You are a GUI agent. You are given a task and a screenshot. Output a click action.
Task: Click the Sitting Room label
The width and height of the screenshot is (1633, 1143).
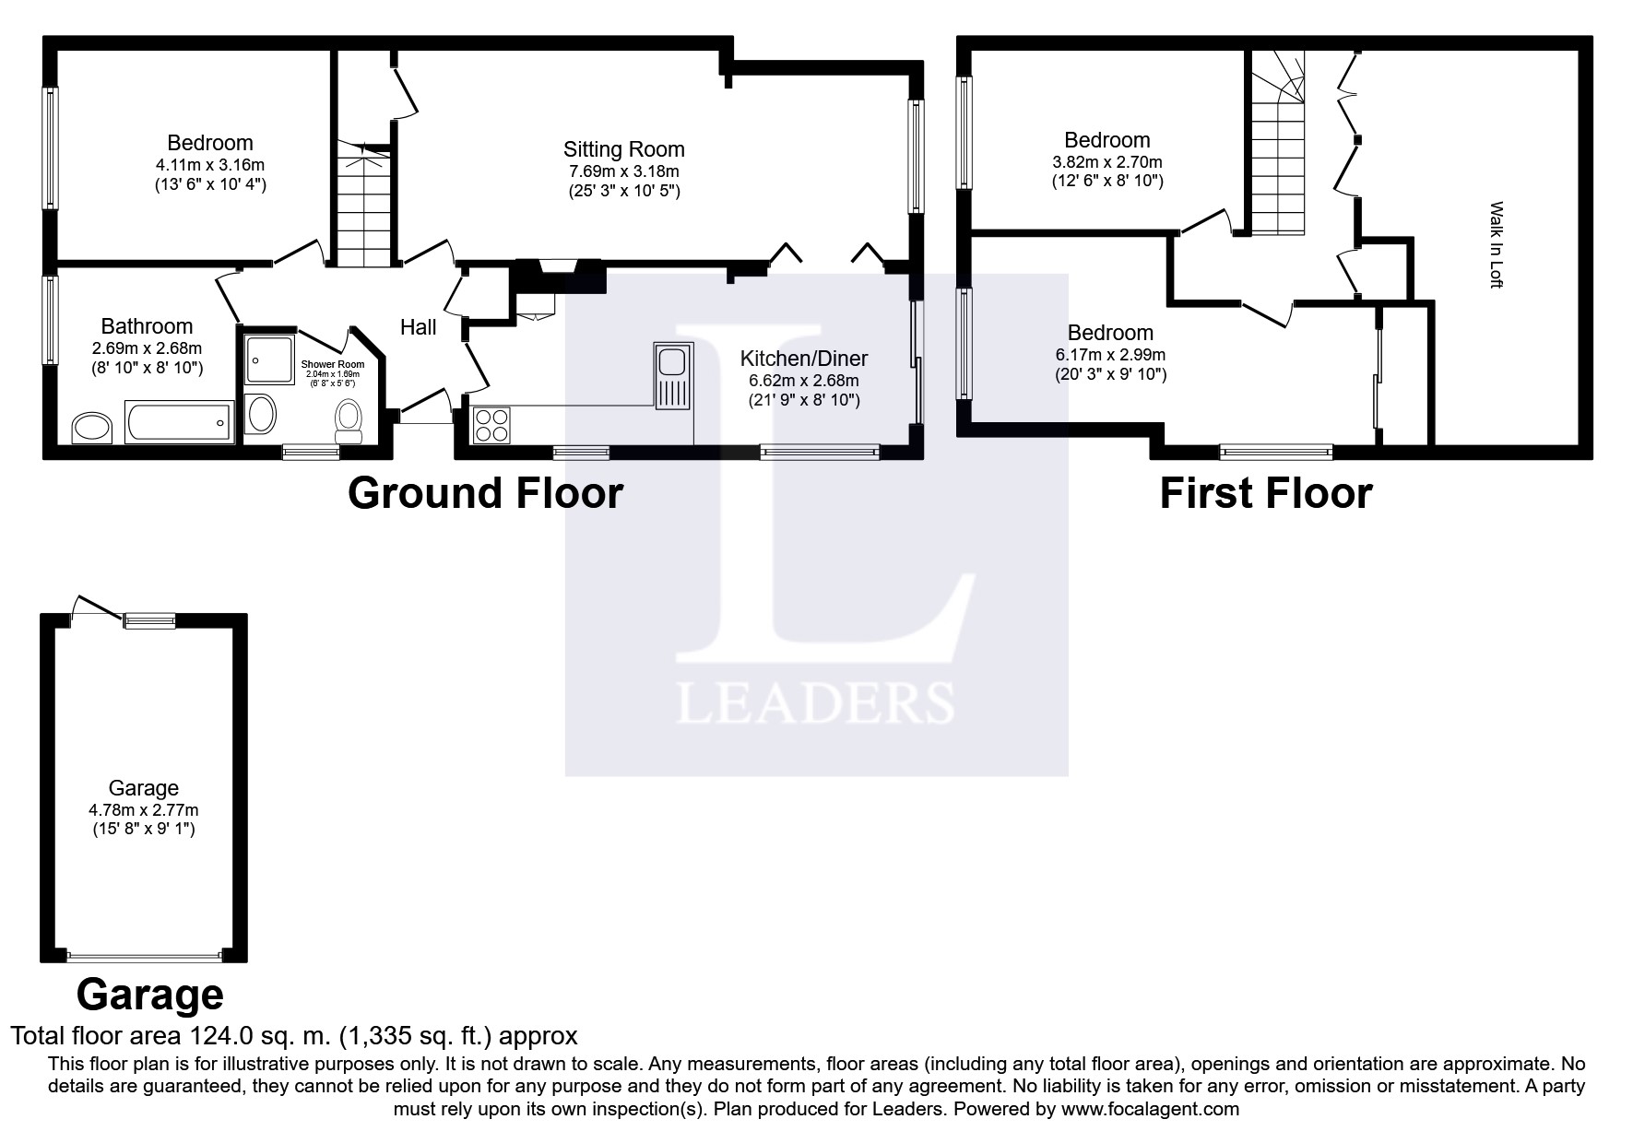coord(624,149)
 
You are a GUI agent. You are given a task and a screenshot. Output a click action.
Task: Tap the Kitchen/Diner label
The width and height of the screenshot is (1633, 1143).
coord(804,359)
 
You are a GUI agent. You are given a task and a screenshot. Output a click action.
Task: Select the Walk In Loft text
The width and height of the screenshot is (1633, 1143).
coord(1496,245)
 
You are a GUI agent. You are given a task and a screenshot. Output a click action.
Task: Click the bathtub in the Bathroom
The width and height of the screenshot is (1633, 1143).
coord(180,422)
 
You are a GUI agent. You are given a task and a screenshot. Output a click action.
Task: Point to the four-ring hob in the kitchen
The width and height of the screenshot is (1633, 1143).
coord(491,426)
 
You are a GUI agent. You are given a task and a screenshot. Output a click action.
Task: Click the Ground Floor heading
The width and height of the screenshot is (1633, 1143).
coord(485,493)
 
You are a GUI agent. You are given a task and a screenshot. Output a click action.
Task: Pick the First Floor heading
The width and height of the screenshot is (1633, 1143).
coord(1265,493)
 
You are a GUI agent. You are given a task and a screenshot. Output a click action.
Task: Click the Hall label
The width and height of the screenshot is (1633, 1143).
coord(419,327)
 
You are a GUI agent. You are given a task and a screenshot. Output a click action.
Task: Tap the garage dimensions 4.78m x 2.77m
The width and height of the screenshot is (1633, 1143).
coord(144,810)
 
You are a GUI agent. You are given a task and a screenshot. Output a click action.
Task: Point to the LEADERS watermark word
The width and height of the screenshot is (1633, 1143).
coord(815,702)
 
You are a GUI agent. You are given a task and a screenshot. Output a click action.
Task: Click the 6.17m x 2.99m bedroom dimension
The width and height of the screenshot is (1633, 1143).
coord(1111,355)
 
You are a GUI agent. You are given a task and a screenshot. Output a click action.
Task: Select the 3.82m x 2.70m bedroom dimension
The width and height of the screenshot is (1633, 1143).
coord(1107,162)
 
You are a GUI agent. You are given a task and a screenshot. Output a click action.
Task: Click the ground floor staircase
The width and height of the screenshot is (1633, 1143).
coord(365,204)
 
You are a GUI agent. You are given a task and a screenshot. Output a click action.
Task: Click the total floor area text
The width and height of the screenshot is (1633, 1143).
coord(294,1035)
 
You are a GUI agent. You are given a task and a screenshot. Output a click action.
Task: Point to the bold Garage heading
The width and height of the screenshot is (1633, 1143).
coord(149,996)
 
